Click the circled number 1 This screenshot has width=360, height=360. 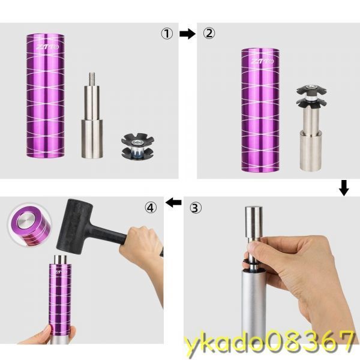[x=167, y=34]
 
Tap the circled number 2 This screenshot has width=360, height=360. [x=209, y=34]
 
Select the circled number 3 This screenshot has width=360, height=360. [x=196, y=208]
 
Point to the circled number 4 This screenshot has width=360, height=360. [x=151, y=208]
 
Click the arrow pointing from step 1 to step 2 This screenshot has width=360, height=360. [x=188, y=34]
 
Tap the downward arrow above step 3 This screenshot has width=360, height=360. [x=344, y=188]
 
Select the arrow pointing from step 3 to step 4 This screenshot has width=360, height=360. [x=173, y=203]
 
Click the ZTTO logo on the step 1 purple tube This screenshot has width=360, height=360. [x=47, y=47]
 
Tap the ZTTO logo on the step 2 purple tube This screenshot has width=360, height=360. [x=262, y=61]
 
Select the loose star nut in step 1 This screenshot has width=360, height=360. [x=137, y=146]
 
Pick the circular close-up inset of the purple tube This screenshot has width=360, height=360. [x=29, y=225]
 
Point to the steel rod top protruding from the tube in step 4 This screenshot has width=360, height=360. [x=60, y=259]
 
